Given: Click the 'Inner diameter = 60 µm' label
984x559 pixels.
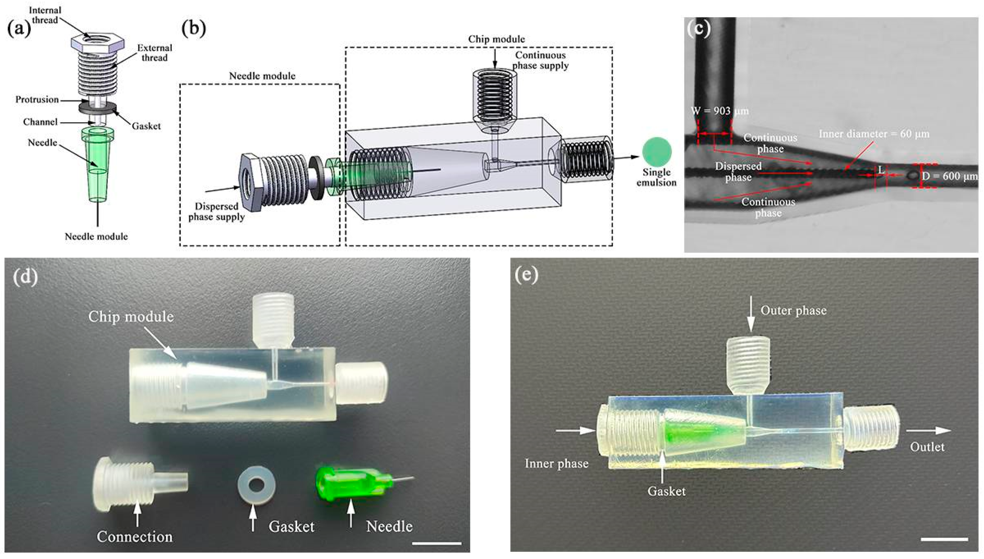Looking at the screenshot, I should click(874, 134).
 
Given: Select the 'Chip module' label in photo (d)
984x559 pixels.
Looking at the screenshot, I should click(131, 317).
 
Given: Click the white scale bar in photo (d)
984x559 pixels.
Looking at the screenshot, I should click(437, 543).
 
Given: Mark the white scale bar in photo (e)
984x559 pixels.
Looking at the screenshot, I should click(944, 539).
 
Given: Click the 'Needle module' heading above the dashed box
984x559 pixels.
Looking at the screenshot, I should click(262, 76).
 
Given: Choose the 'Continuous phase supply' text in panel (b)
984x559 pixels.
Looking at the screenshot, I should click(540, 60).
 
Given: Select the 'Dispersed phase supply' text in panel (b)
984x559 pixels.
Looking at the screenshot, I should click(216, 211).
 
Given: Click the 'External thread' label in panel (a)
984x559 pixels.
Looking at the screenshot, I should click(155, 53).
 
